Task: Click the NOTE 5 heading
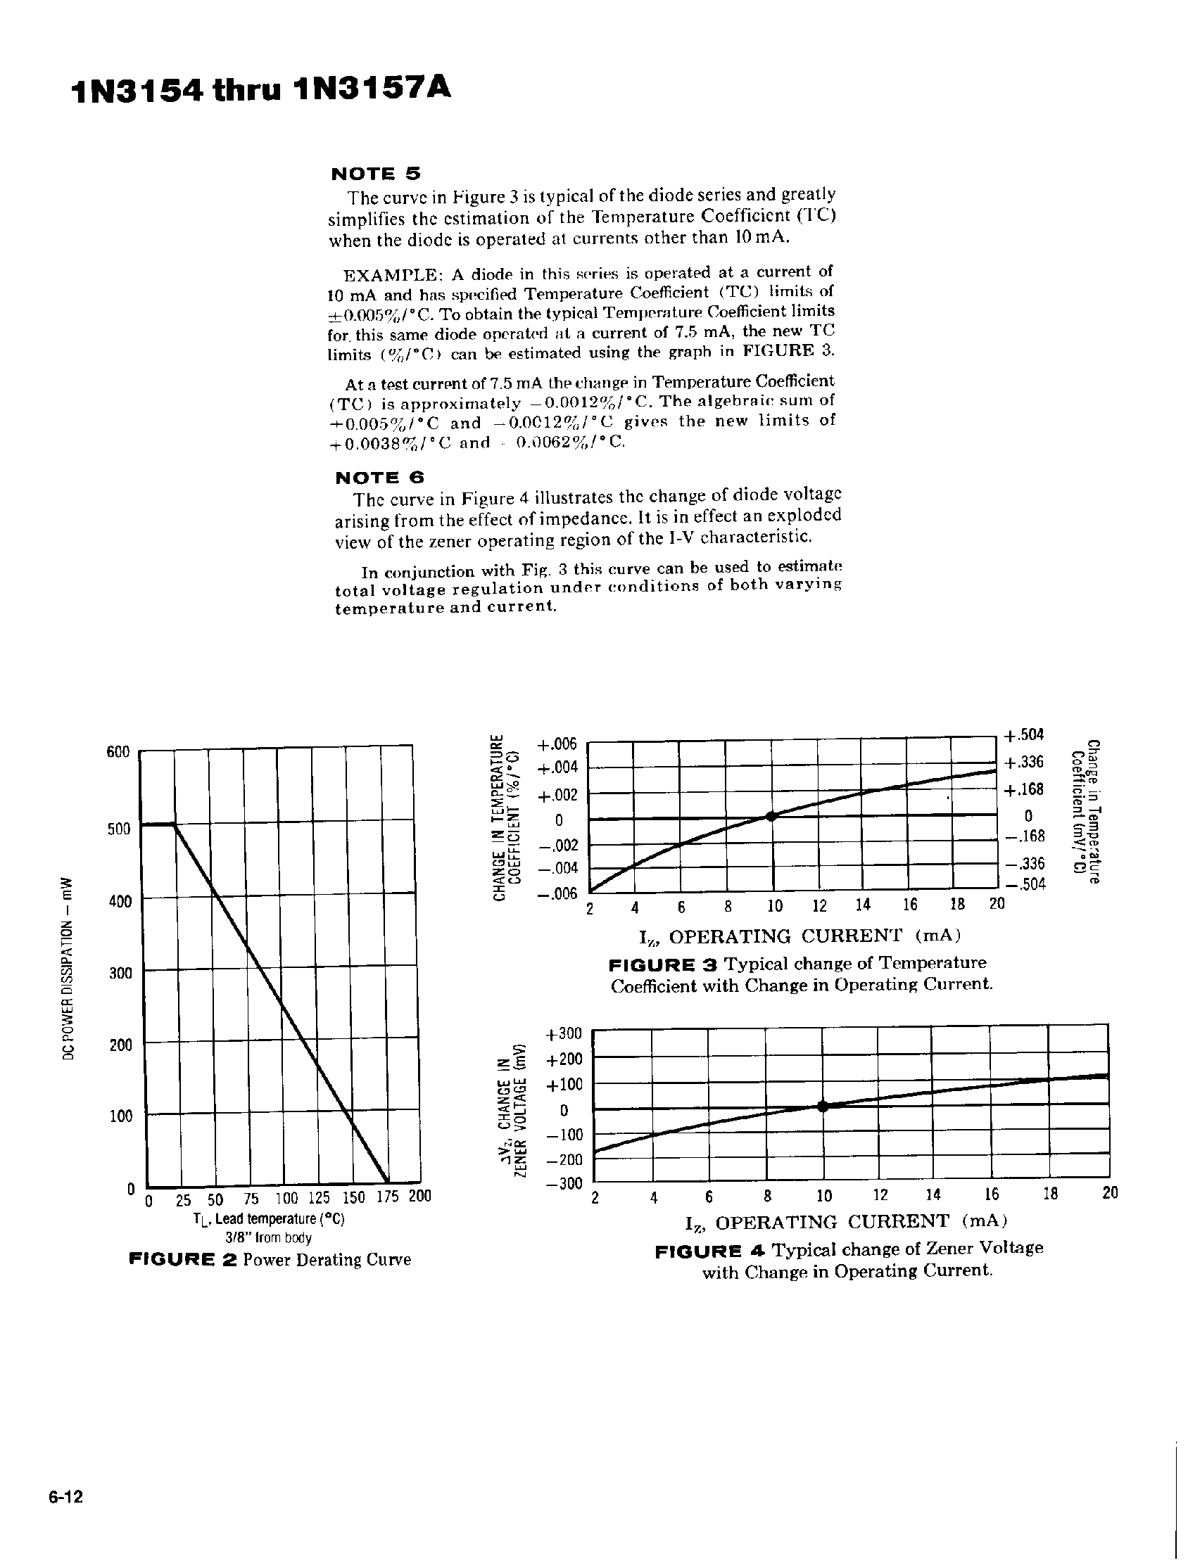pyautogui.click(x=376, y=173)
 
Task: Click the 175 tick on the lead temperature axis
pyautogui.click(x=388, y=1197)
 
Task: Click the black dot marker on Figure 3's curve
pyautogui.click(x=772, y=816)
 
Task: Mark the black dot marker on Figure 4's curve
pyautogui.click(x=823, y=1105)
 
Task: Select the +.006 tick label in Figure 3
pyautogui.click(x=557, y=744)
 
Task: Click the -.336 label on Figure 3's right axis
pyautogui.click(x=1025, y=863)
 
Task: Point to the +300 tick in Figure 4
pyautogui.click(x=563, y=1033)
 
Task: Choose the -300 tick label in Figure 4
pyautogui.click(x=563, y=1184)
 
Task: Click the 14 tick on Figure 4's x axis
pyautogui.click(x=933, y=1194)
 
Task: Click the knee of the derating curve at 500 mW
pyautogui.click(x=175, y=824)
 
